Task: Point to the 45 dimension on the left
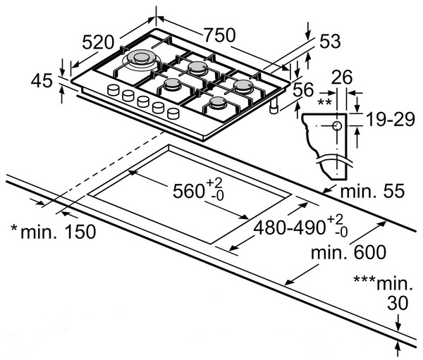tap(42, 82)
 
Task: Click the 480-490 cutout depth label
tap(291, 228)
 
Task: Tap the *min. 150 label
tap(51, 230)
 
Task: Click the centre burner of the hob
tap(173, 85)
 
